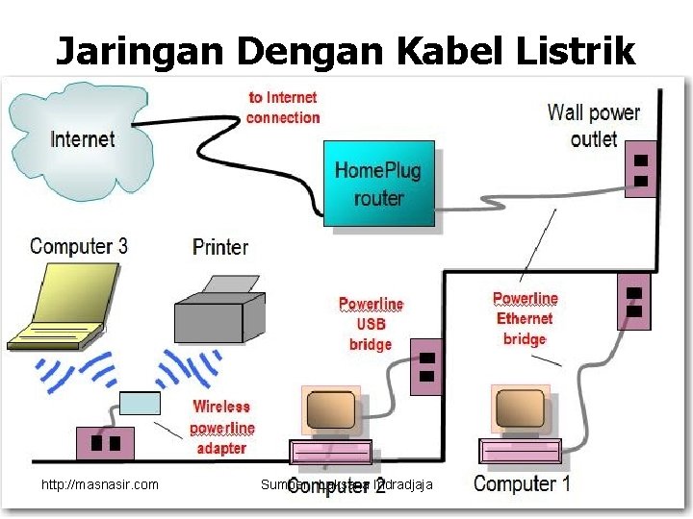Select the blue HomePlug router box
point(378,184)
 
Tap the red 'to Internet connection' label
point(283,107)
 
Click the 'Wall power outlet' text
point(593,125)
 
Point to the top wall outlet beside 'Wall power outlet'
point(639,169)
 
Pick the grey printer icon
point(219,307)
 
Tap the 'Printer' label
point(220,247)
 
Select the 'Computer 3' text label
point(78,245)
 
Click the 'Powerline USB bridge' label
point(371,324)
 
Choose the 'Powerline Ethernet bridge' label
point(525,318)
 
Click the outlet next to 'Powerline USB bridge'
point(426,366)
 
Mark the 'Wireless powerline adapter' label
point(222,427)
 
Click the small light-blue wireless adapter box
point(140,404)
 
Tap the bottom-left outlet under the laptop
point(105,443)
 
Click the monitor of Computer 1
point(521,410)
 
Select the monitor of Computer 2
point(331,411)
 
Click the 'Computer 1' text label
point(522,482)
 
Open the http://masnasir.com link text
point(100,484)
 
